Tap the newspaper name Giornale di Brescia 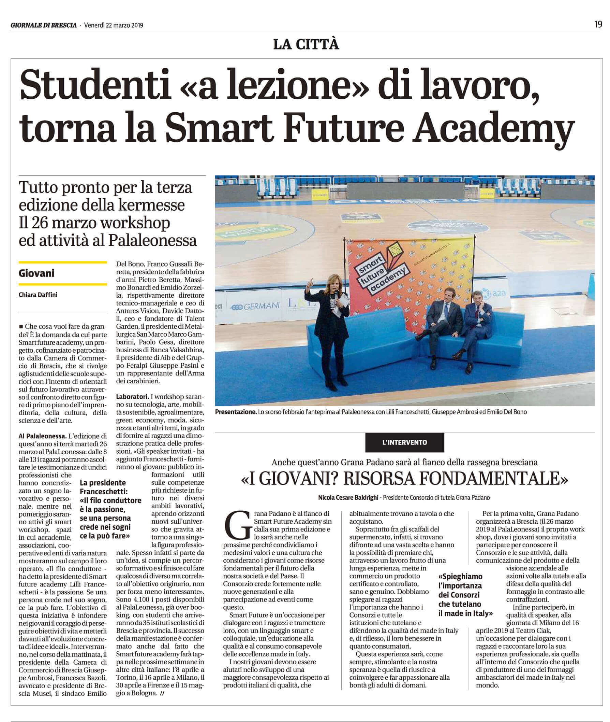coord(44,25)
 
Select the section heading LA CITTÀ coord(306,45)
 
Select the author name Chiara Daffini coord(38,295)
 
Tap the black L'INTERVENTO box coord(405,442)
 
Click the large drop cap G coord(238,528)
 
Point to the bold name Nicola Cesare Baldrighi coord(348,497)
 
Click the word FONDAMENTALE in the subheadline coord(491,479)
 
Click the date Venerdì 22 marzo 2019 coord(114,25)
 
